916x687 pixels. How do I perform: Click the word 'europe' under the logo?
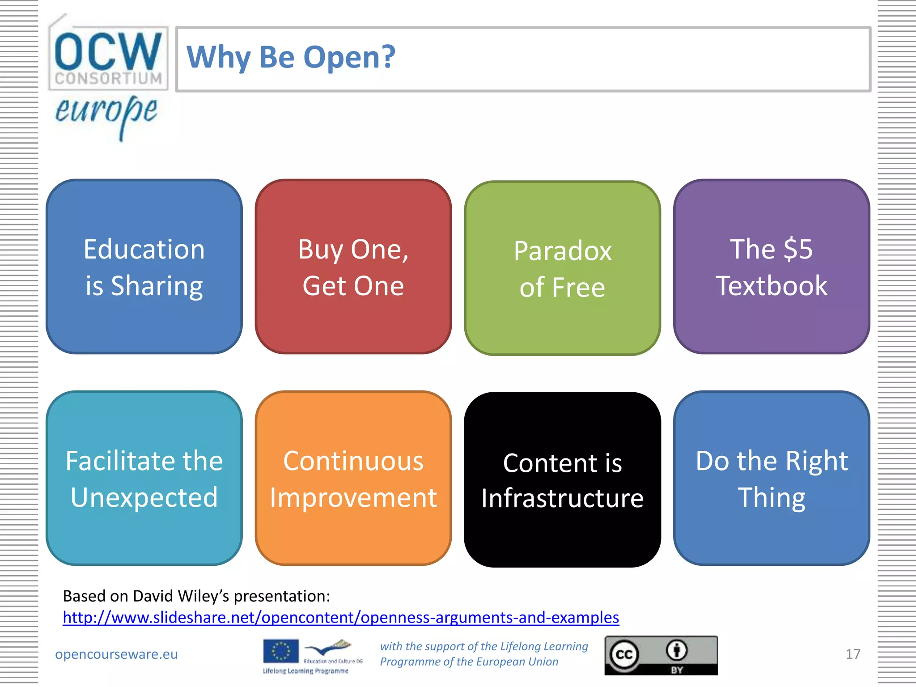pyautogui.click(x=106, y=112)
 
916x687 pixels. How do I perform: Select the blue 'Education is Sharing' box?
pyautogui.click(x=144, y=267)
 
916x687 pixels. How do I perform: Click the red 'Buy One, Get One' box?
pyautogui.click(x=353, y=267)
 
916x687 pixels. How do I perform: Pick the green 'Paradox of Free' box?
pyautogui.click(x=562, y=268)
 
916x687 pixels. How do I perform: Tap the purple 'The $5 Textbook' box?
pyautogui.click(x=772, y=267)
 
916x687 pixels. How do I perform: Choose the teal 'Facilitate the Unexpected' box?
pyautogui.click(x=144, y=478)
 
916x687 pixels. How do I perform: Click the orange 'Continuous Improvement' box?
pyautogui.click(x=353, y=478)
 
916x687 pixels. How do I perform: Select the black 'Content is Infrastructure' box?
pyautogui.click(x=562, y=479)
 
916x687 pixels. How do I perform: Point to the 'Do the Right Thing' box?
pyautogui.click(x=772, y=478)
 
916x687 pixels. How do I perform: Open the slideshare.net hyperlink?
pyautogui.click(x=341, y=617)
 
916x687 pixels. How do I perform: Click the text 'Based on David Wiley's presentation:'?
pyautogui.click(x=196, y=596)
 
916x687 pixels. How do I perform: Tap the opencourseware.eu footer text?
pyautogui.click(x=116, y=654)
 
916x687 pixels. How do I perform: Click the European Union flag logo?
pyautogui.click(x=281, y=651)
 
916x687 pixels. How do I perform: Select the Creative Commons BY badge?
pyautogui.click(x=661, y=655)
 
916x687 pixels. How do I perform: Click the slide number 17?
pyautogui.click(x=853, y=654)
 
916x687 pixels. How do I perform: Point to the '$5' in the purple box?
pyautogui.click(x=798, y=249)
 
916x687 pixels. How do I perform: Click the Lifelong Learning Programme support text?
pyautogui.click(x=484, y=654)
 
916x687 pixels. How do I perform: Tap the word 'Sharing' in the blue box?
pyautogui.click(x=157, y=286)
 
